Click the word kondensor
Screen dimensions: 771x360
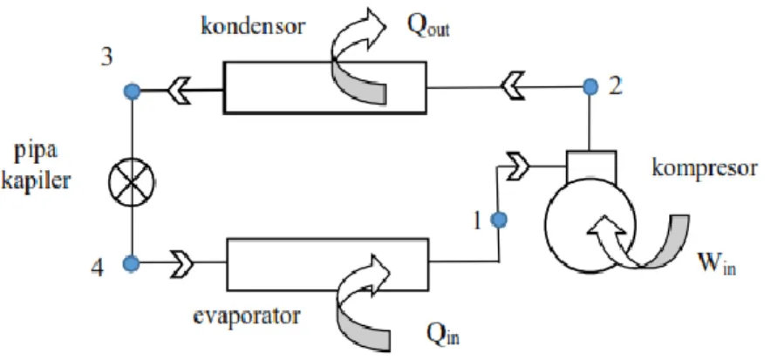click(253, 25)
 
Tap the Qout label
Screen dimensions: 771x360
click(428, 28)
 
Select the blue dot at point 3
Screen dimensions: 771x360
click(132, 91)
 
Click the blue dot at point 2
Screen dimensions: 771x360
click(590, 87)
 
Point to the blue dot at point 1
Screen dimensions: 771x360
click(499, 220)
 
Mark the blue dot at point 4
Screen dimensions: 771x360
click(131, 263)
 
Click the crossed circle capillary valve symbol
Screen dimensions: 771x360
click(132, 182)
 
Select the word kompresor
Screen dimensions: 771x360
click(704, 168)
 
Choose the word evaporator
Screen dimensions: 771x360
click(246, 316)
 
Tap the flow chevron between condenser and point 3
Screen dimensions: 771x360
click(180, 91)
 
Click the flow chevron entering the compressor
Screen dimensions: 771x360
click(516, 166)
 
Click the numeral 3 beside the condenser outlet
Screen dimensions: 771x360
click(106, 58)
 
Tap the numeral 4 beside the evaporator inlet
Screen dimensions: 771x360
click(98, 268)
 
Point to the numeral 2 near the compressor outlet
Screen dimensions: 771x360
click(616, 85)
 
